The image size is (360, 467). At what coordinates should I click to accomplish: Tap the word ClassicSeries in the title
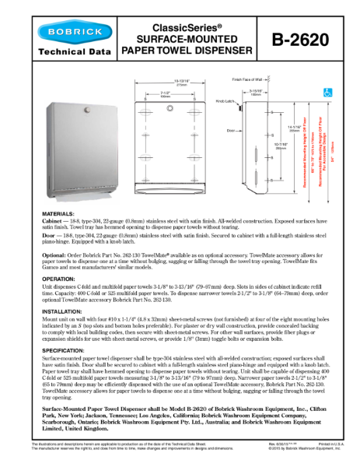click(187, 26)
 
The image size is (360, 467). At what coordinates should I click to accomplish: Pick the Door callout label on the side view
click(231, 131)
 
